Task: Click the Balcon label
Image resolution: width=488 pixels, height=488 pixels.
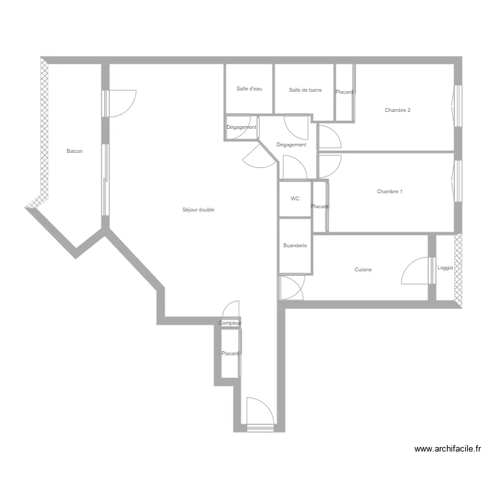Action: click(75, 151)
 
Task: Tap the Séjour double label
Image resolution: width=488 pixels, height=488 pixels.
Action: click(198, 210)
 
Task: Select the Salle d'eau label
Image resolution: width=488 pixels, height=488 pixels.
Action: click(249, 88)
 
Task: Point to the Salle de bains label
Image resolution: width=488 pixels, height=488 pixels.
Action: click(305, 90)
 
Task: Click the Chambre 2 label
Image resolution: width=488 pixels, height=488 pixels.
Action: click(398, 110)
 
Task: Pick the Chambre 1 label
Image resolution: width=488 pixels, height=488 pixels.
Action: click(390, 191)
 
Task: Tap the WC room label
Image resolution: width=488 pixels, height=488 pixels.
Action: click(295, 198)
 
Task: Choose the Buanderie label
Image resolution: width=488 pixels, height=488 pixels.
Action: click(295, 245)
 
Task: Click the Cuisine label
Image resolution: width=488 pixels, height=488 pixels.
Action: click(363, 269)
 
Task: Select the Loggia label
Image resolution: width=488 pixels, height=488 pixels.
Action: click(445, 267)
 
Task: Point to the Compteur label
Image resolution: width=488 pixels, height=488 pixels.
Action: click(230, 323)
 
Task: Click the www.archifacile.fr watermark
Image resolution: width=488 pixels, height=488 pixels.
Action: click(448, 449)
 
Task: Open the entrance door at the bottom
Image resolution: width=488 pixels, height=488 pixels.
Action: click(260, 414)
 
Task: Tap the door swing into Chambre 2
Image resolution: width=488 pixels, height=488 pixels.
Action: click(330, 137)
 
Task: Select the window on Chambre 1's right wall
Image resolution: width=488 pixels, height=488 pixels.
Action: click(457, 181)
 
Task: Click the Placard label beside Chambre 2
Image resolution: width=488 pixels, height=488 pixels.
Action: click(344, 92)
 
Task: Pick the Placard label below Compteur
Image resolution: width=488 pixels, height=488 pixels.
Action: click(230, 353)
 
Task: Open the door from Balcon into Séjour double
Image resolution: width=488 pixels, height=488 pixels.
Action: click(119, 103)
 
